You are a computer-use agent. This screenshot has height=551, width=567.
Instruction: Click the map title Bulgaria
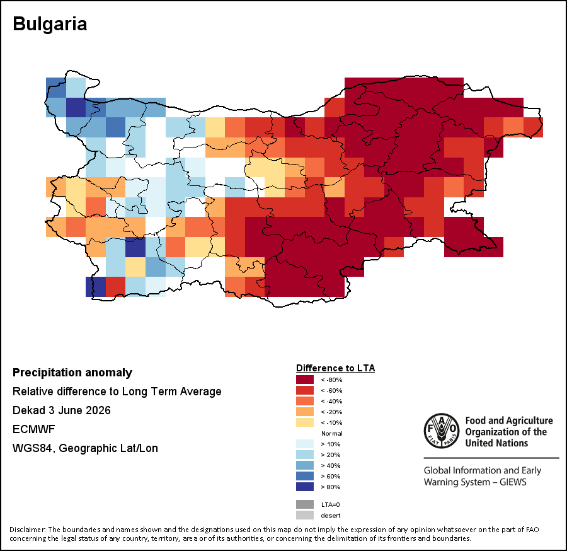click(50, 24)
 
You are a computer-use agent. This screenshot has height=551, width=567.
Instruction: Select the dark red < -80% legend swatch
click(305, 380)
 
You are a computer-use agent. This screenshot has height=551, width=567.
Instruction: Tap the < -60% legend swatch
click(305, 390)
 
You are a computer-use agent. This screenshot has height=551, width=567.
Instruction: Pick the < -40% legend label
click(331, 401)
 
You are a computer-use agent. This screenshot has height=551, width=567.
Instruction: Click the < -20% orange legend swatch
click(305, 412)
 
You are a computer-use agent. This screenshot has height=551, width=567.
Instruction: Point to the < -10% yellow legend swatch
click(305, 422)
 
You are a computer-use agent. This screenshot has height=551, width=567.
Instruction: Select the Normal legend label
click(331, 433)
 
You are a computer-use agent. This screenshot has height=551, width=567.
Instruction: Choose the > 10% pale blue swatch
click(305, 444)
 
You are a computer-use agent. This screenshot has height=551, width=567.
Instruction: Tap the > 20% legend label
click(331, 455)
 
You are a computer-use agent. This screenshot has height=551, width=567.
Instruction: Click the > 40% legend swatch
click(305, 465)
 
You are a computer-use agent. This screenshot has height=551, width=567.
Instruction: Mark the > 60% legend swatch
click(305, 476)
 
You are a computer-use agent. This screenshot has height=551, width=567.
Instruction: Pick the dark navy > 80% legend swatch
click(305, 487)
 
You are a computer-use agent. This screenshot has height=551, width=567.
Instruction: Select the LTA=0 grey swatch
click(305, 504)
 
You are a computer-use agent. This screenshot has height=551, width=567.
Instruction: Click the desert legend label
click(331, 515)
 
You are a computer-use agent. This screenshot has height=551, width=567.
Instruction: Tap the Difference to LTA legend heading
click(335, 368)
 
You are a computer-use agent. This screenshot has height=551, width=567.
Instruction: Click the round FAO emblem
click(442, 431)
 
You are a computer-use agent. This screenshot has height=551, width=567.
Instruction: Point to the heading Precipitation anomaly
click(72, 373)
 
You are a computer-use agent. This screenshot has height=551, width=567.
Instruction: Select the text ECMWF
click(33, 429)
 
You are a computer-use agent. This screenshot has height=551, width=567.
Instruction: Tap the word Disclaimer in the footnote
click(26, 530)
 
